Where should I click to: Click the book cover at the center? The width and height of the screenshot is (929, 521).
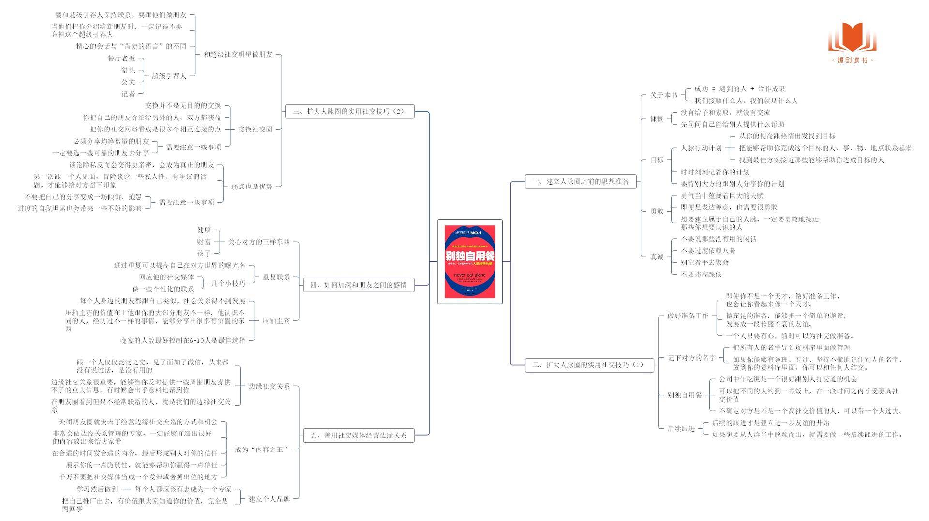(x=470, y=261)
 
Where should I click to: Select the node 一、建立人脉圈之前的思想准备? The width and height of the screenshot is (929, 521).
(x=581, y=182)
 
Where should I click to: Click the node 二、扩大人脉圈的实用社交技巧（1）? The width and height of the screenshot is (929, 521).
(x=589, y=365)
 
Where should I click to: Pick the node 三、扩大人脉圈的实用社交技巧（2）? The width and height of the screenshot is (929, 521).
(x=349, y=111)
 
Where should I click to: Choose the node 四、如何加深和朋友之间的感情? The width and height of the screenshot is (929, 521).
(x=359, y=285)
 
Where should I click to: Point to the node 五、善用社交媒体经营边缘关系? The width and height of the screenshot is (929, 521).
(x=359, y=435)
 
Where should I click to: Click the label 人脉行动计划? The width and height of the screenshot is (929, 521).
(x=701, y=148)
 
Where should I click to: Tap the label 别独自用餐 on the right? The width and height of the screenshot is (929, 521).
(x=685, y=395)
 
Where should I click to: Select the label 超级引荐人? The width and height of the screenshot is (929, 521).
(x=169, y=76)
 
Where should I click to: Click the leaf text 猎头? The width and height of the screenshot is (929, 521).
(x=128, y=70)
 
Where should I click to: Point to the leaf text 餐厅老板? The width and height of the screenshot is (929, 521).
(x=121, y=58)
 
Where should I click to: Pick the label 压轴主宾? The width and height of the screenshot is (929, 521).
(x=276, y=320)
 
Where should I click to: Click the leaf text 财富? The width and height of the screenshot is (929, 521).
(x=204, y=242)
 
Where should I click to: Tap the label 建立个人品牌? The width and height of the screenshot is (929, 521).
(x=269, y=499)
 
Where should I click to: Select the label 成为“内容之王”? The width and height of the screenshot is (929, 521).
(x=261, y=449)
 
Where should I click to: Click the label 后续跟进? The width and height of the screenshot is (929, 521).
(x=681, y=429)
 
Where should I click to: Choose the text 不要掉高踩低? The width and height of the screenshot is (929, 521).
(x=701, y=275)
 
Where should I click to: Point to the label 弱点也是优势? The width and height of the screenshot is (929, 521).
(x=251, y=187)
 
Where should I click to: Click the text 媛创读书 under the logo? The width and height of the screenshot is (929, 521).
(x=852, y=60)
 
